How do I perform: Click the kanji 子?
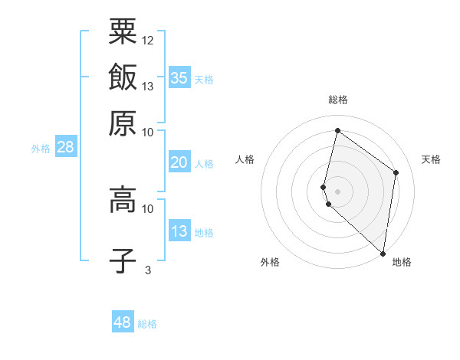[123, 260]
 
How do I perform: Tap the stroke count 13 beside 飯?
[148, 86]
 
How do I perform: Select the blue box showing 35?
[179, 77]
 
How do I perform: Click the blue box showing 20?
[179, 162]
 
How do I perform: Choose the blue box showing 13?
[179, 231]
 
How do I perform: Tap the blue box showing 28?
[65, 148]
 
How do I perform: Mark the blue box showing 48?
[123, 322]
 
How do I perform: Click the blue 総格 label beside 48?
[147, 324]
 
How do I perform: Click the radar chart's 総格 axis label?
[338, 100]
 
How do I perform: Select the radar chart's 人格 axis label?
[245, 159]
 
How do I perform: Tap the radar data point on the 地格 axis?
[383, 254]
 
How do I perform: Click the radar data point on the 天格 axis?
[396, 173]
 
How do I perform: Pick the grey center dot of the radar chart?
[338, 191]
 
